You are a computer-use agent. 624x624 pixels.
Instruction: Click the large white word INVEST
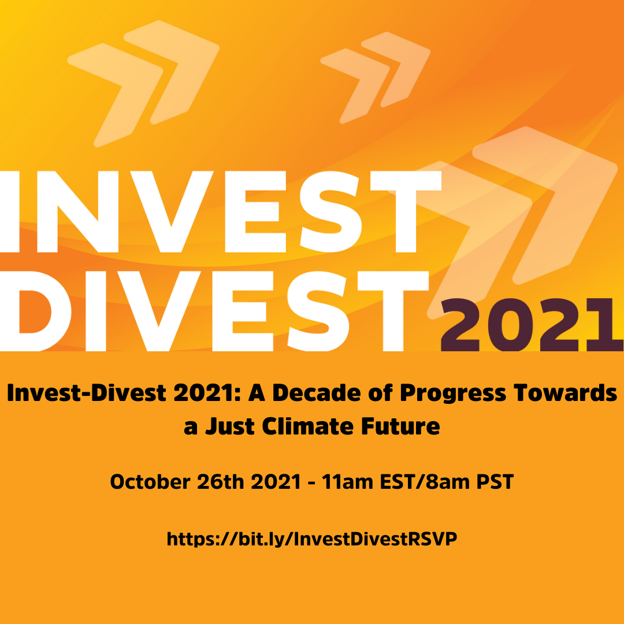[221, 211]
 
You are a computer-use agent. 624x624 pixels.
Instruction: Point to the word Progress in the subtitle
[452, 394]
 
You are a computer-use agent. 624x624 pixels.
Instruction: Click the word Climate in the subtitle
[308, 426]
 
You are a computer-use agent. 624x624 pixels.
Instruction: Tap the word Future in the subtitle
[401, 426]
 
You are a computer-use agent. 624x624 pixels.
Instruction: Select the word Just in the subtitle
[230, 426]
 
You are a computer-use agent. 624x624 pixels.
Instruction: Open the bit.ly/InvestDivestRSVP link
[312, 539]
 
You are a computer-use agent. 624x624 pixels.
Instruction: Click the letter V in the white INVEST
[172, 211]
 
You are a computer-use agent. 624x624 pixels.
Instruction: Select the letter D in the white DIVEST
[36, 311]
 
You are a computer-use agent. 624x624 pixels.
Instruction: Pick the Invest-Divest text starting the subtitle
[87, 393]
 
